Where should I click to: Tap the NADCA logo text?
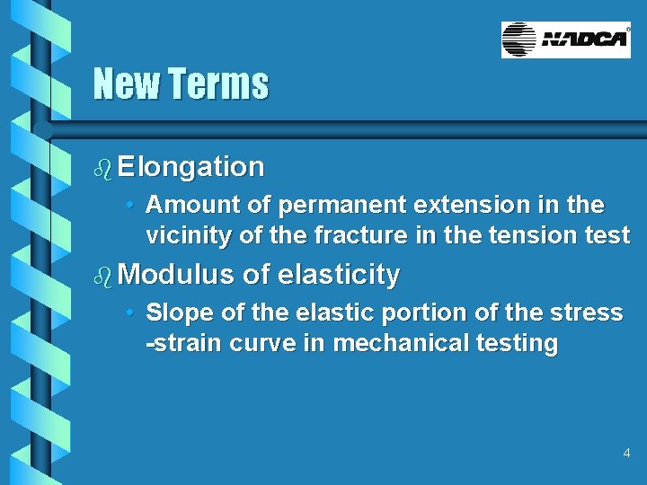(x=584, y=40)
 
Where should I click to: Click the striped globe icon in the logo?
(x=519, y=40)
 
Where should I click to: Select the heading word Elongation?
(x=191, y=167)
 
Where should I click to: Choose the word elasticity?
(x=339, y=275)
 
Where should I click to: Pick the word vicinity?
(x=185, y=235)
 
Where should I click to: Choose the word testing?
(x=519, y=343)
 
